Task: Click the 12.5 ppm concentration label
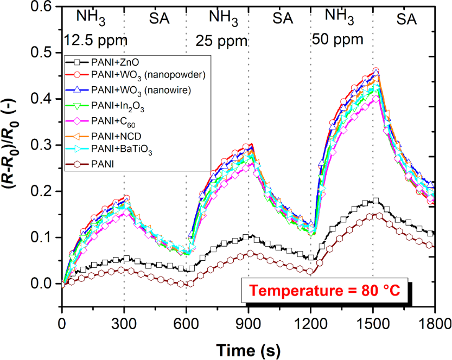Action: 95,40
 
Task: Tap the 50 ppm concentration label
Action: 338,40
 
